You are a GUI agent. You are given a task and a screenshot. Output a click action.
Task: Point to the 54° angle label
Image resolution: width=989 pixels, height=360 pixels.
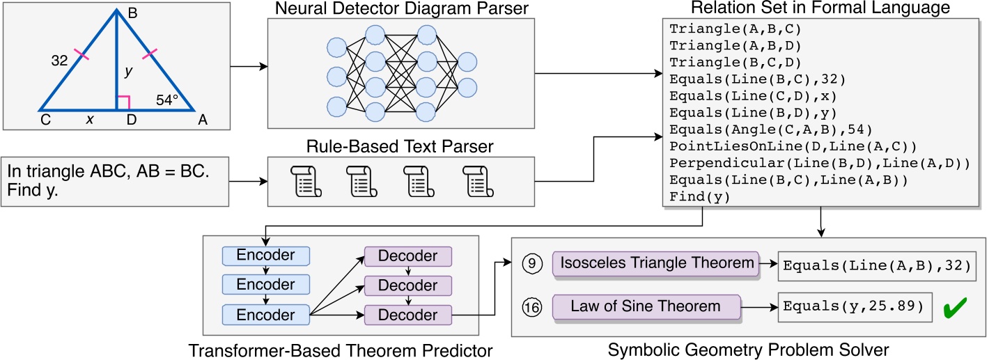point(167,100)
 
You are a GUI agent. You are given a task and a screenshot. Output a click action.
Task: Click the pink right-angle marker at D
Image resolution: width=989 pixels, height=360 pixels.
point(123,104)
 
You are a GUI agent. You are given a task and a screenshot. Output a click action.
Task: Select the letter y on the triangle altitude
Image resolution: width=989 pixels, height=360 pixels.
point(127,71)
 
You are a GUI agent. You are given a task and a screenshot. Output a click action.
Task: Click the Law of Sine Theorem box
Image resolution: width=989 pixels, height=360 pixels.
point(646,306)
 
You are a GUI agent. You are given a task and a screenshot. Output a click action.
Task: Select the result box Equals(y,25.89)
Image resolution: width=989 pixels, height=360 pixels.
point(855,306)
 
